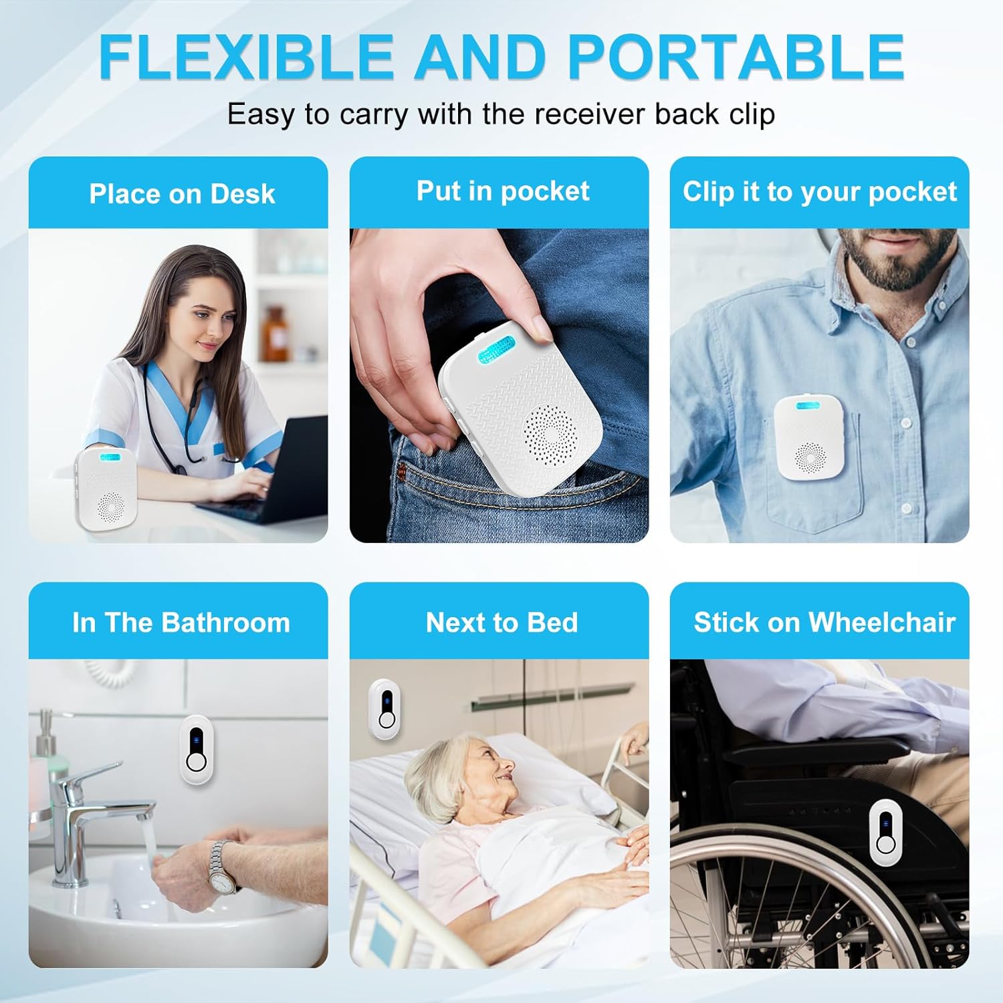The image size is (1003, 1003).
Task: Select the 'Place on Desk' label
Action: (182, 194)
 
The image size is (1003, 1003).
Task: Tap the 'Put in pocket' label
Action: (503, 191)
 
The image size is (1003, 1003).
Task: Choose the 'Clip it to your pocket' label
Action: (820, 192)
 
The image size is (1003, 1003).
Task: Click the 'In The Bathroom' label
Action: (181, 623)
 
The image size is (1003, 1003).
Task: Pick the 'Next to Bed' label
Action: (501, 623)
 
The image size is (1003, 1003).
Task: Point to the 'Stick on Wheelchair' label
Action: (824, 623)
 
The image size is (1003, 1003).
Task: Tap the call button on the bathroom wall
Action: (195, 750)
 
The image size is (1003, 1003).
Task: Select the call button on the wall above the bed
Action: (385, 709)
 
